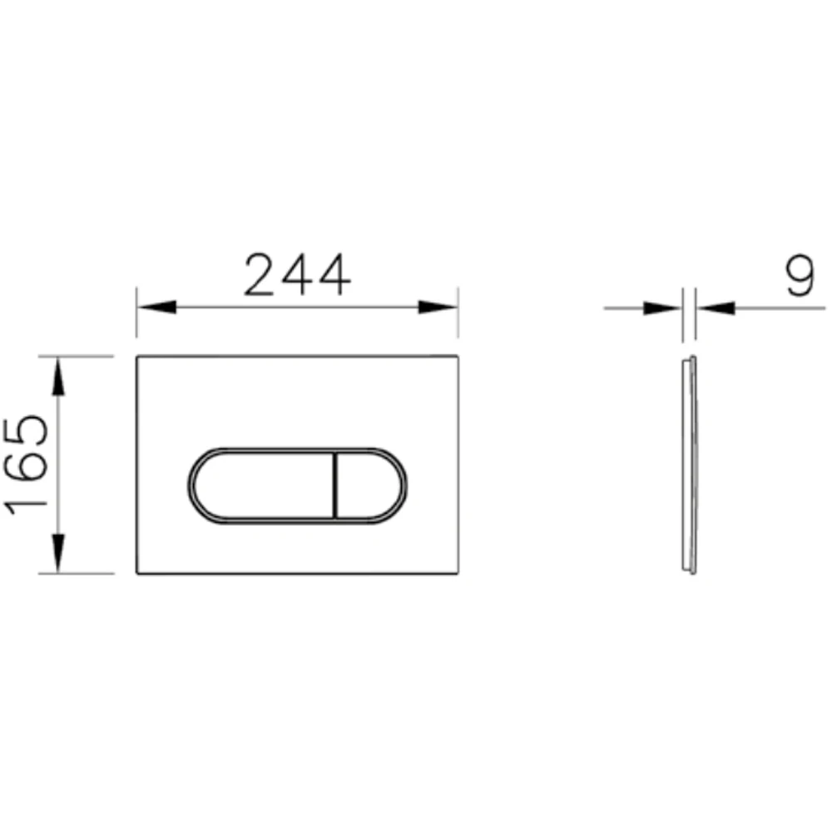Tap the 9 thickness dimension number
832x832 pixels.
799,278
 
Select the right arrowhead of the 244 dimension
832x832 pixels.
438,307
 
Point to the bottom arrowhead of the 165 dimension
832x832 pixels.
57,553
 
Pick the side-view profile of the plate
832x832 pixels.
689,464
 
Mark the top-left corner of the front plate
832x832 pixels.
137,357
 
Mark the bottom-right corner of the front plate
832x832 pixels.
457,573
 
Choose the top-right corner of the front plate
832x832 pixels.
457,357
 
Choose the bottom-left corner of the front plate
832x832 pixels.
137,573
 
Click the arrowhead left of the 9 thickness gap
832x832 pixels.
662,308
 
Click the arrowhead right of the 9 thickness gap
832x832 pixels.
717,308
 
